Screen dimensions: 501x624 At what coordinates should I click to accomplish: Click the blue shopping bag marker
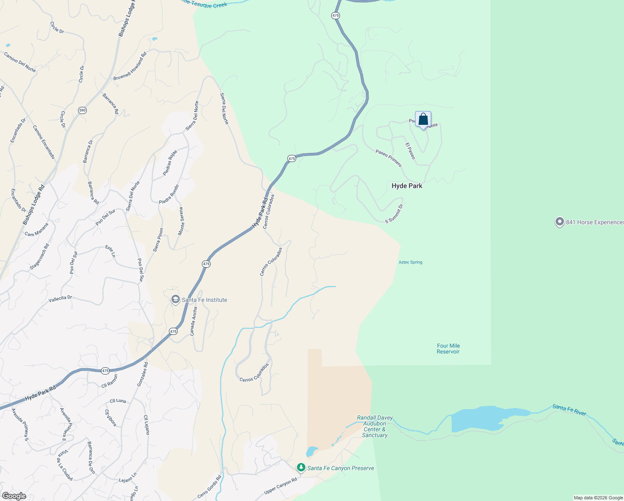tap(423, 120)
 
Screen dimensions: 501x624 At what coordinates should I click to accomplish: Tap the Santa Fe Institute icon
tap(176, 300)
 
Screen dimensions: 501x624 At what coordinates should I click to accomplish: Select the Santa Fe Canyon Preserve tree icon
tap(301, 468)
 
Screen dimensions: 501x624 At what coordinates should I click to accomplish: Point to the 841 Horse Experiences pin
tap(559, 222)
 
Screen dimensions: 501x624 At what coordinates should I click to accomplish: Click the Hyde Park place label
tap(407, 186)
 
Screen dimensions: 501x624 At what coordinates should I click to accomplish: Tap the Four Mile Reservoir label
tap(448, 349)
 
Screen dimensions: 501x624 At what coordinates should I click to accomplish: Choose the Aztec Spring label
tap(410, 262)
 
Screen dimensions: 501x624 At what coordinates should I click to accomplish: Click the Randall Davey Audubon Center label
tap(375, 426)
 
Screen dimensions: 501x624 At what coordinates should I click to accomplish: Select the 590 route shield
tap(82, 110)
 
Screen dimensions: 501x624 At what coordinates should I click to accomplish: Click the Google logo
tap(14, 496)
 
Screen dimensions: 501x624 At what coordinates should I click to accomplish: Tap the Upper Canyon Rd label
tap(281, 486)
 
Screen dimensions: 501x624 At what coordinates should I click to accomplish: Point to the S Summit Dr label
tap(394, 213)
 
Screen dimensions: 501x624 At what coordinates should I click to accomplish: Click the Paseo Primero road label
tap(388, 158)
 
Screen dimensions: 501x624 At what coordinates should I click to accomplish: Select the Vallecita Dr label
tap(60, 299)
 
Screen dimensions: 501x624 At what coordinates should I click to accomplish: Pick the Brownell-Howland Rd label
tap(130, 66)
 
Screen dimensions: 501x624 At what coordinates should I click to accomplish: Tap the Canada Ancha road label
tap(193, 321)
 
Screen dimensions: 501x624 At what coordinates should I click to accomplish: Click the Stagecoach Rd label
tap(39, 257)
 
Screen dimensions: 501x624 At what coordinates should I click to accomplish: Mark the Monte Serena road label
tap(181, 221)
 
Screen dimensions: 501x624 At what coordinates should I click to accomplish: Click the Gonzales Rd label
tap(142, 374)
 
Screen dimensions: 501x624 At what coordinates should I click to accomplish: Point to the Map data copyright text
tap(598, 498)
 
